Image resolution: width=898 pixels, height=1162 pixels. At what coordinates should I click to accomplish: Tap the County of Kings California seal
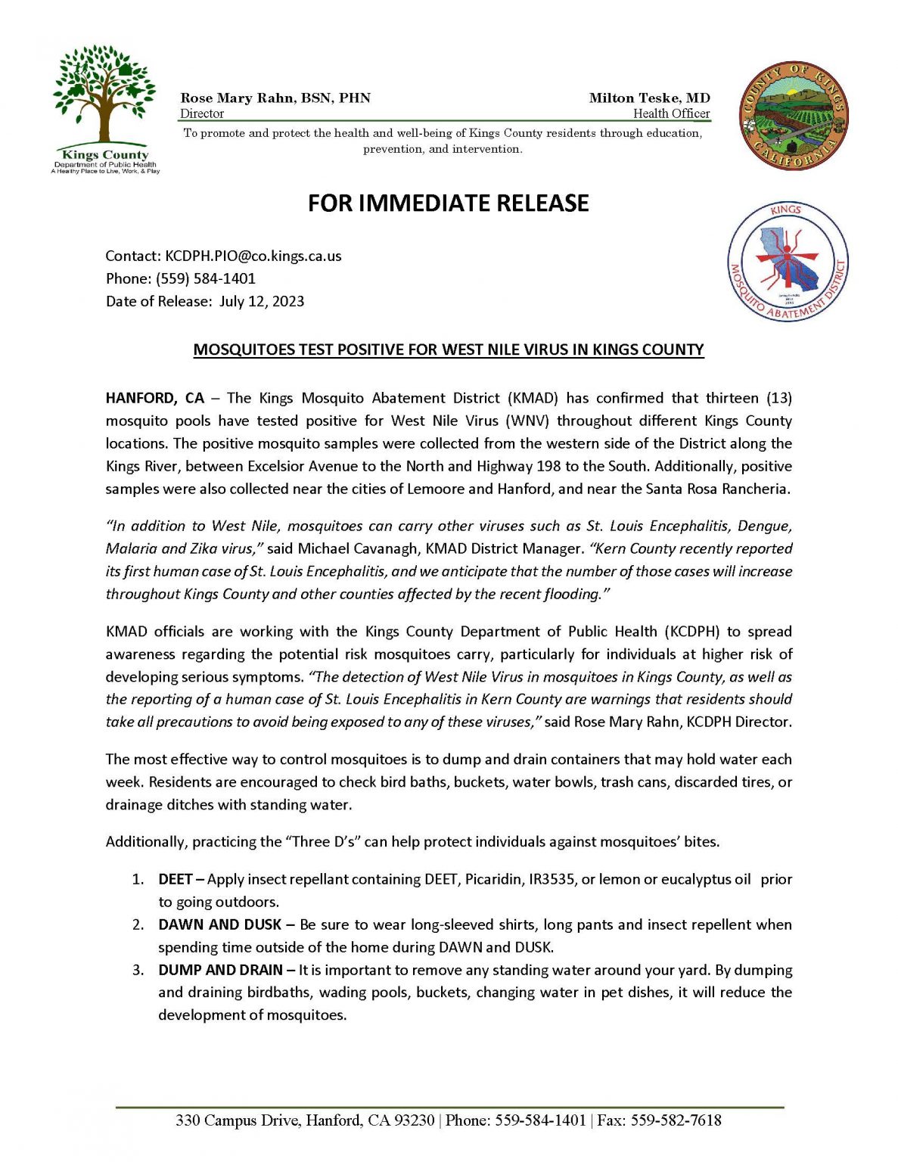pyautogui.click(x=793, y=116)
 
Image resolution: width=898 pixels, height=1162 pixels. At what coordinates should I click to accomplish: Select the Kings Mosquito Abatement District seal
pyautogui.click(x=788, y=262)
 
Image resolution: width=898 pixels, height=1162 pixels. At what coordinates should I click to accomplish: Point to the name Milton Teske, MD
pyautogui.click(x=649, y=98)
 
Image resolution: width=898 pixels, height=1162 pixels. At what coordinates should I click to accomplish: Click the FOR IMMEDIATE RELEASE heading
pyautogui.click(x=448, y=204)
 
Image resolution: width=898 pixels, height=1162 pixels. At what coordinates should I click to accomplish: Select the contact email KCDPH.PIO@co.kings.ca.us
pyautogui.click(x=253, y=256)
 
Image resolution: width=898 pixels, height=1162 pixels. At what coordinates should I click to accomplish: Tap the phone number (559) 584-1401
pyautogui.click(x=206, y=278)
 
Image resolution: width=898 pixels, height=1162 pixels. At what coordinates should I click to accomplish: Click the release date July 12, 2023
pyautogui.click(x=262, y=301)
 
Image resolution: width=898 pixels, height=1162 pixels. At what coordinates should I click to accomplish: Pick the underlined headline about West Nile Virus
pyautogui.click(x=448, y=350)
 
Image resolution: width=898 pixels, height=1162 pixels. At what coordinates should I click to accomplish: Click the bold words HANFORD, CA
pyautogui.click(x=155, y=398)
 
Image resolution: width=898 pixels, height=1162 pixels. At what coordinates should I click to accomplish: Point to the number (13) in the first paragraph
pyautogui.click(x=778, y=398)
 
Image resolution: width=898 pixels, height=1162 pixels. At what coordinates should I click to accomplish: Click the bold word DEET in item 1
pyautogui.click(x=175, y=879)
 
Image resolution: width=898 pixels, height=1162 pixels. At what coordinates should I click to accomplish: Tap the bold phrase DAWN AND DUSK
pyautogui.click(x=219, y=924)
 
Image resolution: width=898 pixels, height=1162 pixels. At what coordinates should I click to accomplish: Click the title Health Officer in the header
pyautogui.click(x=671, y=113)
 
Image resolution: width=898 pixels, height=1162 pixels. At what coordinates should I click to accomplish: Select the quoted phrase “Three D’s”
pyautogui.click(x=321, y=842)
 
